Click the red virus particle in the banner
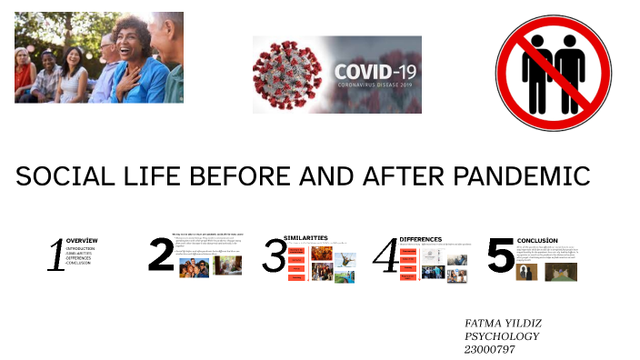point(290,74)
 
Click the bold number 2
point(161,255)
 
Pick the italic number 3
point(275,256)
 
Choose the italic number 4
point(386,256)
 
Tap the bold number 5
point(500,255)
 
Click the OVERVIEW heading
point(82,241)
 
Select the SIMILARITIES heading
point(305,238)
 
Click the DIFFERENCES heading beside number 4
point(420,238)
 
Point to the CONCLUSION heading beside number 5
point(536,240)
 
